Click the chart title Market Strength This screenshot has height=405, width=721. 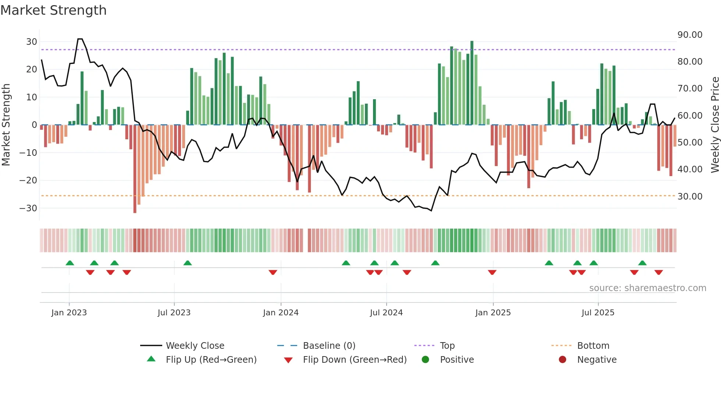coord(53,10)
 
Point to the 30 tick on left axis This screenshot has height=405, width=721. coord(31,42)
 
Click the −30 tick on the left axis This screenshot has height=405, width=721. coord(28,208)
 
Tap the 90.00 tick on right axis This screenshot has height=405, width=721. coord(690,35)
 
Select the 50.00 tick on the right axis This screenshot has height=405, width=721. coord(690,143)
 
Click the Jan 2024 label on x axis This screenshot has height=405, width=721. coord(281,313)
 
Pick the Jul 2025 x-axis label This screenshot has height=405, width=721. coord(598,313)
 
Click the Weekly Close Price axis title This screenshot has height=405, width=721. coord(715,125)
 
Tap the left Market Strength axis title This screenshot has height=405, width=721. coord(6,125)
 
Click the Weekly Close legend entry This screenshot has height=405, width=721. coord(195,346)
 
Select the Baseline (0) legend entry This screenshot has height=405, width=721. coord(329,346)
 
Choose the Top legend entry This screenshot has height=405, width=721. coord(447,346)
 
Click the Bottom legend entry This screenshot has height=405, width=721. coord(593,346)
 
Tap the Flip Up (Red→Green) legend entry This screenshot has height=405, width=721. coord(211,360)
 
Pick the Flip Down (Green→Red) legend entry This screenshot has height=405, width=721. coord(355,360)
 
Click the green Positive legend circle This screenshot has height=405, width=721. coord(426,360)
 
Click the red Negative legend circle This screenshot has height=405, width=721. coord(562,360)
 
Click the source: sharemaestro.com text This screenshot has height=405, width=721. coord(647,288)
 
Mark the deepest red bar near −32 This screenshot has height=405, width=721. coord(135,169)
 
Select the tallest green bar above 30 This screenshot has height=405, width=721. coord(472,83)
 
